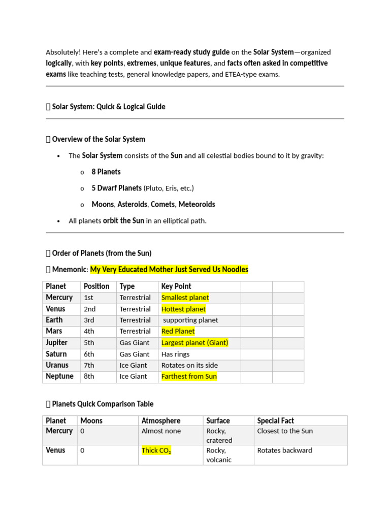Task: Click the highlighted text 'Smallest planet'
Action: tap(185, 298)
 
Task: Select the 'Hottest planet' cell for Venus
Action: tap(183, 309)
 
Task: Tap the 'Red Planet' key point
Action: tap(178, 331)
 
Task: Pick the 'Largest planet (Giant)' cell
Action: tap(194, 343)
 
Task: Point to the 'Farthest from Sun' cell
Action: tap(189, 376)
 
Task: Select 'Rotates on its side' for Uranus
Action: tap(186, 365)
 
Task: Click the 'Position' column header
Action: tap(96, 286)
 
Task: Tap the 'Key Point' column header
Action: tap(176, 286)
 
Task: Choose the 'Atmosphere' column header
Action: tap(160, 420)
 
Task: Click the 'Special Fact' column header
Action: tap(275, 420)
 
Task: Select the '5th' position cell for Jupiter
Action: tap(89, 343)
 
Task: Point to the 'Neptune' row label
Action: tap(59, 376)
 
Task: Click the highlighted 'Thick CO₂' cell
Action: tap(156, 450)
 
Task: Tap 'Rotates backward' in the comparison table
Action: tap(284, 450)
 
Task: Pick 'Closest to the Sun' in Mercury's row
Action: tap(285, 431)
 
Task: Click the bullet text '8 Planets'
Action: tap(106, 172)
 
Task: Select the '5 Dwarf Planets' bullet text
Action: tap(117, 188)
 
